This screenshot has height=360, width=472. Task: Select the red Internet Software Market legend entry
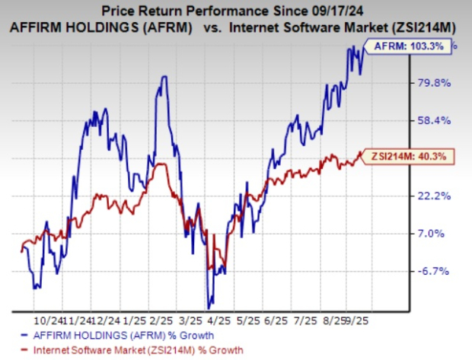[130, 349]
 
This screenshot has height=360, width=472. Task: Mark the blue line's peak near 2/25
[163, 77]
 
